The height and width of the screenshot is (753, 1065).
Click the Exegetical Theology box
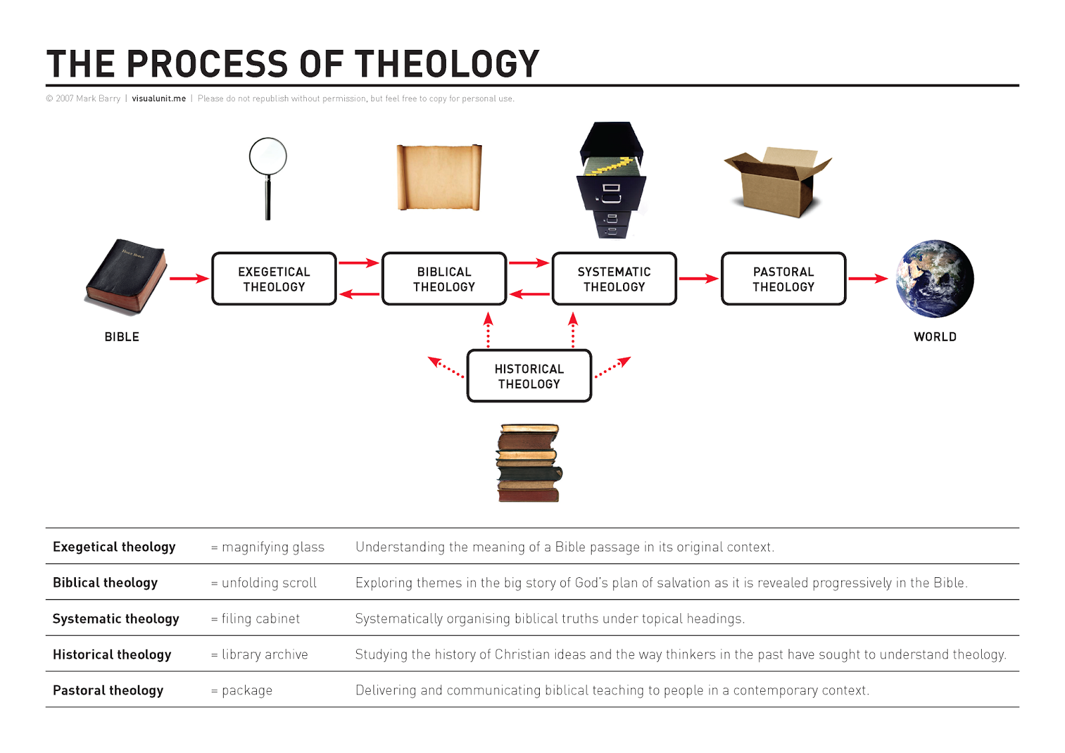[x=274, y=279]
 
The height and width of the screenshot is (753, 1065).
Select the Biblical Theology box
[x=444, y=279]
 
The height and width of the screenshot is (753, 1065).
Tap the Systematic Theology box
[x=614, y=279]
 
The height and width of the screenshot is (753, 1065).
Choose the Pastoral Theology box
[x=783, y=279]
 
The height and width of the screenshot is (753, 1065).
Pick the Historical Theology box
[x=529, y=376]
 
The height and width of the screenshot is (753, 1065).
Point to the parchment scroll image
[x=439, y=177]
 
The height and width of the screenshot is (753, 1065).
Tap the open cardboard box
[x=777, y=182]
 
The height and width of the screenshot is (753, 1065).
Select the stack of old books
[x=529, y=463]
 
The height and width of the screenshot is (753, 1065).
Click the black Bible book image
[x=126, y=276]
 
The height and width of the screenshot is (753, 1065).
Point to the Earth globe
[x=935, y=278]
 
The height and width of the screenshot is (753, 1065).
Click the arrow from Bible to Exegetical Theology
[x=189, y=278]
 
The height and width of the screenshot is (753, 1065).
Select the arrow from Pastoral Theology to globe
[x=868, y=278]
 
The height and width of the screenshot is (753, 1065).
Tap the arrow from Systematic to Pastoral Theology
[x=698, y=278]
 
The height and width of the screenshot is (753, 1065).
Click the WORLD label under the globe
[x=935, y=337]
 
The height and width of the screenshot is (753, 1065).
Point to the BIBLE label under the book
[x=122, y=337]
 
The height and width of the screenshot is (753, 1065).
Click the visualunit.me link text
[x=158, y=99]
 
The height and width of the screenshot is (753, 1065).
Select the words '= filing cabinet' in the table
[x=256, y=619]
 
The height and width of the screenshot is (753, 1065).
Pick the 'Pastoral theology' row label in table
[x=108, y=690]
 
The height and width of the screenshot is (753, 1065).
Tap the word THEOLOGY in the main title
[x=447, y=64]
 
